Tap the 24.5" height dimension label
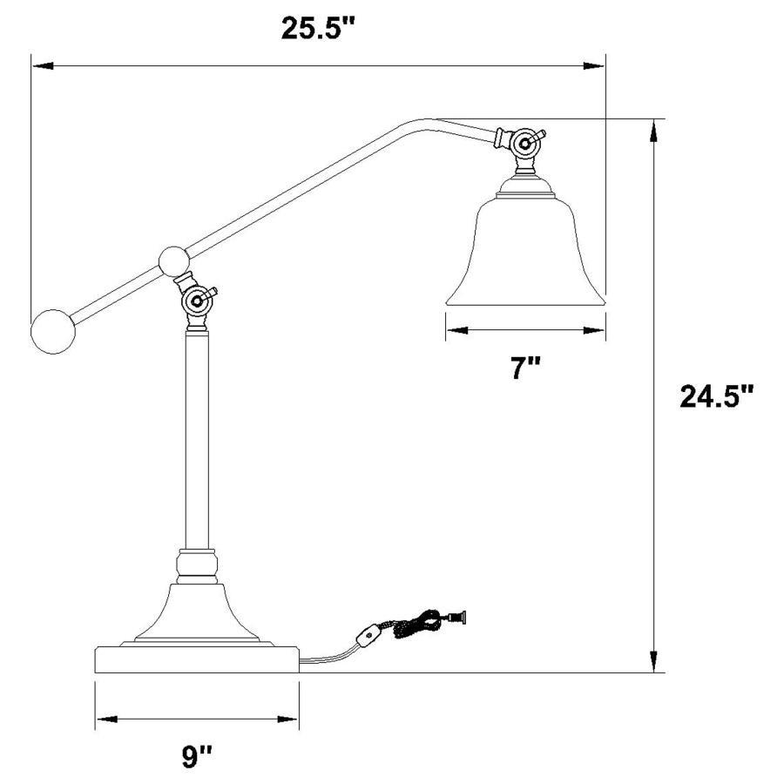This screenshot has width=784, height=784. click(716, 397)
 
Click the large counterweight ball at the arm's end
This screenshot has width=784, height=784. click(51, 332)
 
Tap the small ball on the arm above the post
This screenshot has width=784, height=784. click(175, 260)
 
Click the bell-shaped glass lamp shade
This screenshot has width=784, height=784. click(525, 248)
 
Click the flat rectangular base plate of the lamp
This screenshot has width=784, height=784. click(196, 659)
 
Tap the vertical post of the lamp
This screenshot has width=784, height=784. click(197, 436)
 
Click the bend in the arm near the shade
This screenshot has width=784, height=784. click(427, 123)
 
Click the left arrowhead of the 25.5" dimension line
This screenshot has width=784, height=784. click(38, 64)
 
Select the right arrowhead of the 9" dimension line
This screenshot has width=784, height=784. click(293, 720)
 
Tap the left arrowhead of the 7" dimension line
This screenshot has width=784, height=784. click(452, 330)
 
